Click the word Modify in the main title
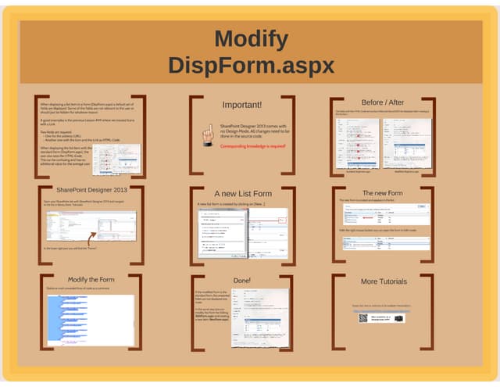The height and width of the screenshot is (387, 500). (251, 38)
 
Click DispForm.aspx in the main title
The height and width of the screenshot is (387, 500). (251, 65)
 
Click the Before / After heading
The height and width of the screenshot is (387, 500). (383, 102)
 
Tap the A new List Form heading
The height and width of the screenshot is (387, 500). (243, 193)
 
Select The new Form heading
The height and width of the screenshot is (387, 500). (383, 192)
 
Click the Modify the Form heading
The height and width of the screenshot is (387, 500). (91, 279)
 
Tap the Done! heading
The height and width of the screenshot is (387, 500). (242, 279)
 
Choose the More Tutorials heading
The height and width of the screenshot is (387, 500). (384, 281)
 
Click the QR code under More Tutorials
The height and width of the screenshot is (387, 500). (363, 317)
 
